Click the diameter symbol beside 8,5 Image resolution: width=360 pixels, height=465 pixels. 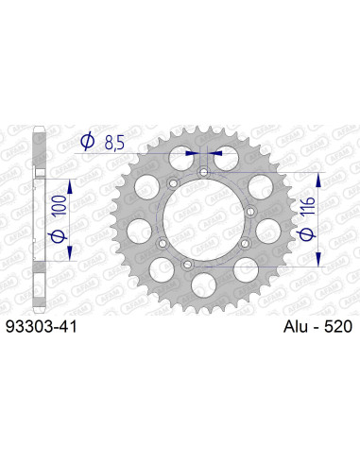(88, 143)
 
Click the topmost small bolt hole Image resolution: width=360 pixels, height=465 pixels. (203, 171)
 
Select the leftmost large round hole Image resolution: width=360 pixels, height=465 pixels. (137, 227)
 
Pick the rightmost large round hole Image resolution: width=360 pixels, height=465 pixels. (268, 227)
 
